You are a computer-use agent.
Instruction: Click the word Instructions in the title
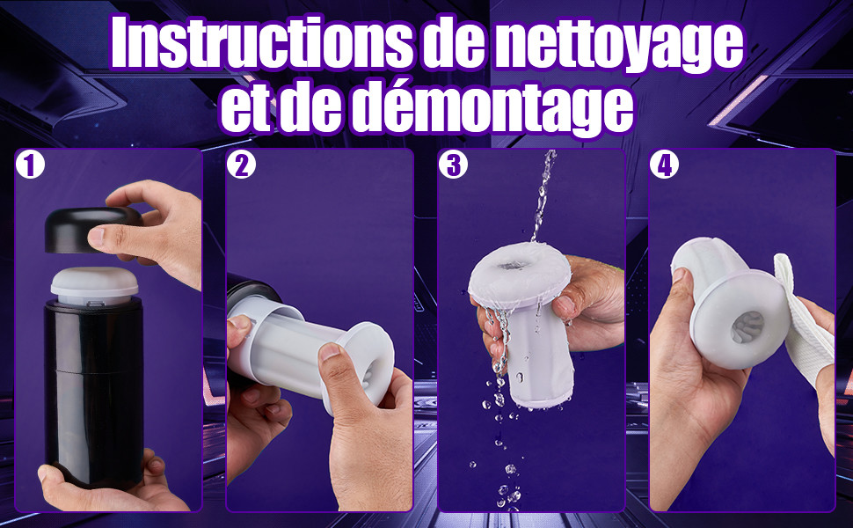262,43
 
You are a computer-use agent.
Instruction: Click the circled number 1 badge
30,165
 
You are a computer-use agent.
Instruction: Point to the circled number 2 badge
241,165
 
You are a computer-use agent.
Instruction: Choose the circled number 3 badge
453,165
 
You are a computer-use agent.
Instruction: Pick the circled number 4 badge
664,165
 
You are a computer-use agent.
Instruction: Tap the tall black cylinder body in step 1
93,392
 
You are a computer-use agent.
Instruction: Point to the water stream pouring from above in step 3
543,196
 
